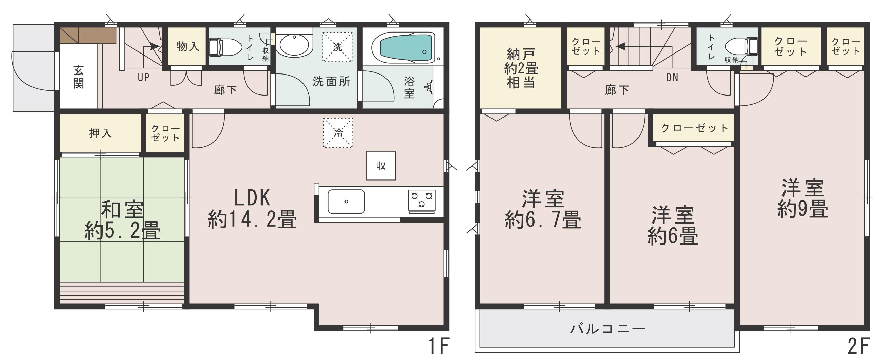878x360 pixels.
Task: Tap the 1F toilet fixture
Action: (x=225, y=47)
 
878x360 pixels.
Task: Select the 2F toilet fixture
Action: (x=742, y=46)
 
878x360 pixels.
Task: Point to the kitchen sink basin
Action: (x=346, y=202)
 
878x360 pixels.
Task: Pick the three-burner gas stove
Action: (x=422, y=200)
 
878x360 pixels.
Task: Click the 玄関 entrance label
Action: (x=78, y=77)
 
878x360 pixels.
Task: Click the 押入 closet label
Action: (x=101, y=133)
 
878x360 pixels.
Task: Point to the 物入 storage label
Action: (x=188, y=46)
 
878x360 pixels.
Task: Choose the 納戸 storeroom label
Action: (x=521, y=54)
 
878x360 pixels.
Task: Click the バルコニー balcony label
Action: (x=608, y=329)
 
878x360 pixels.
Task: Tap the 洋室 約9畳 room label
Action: (x=803, y=198)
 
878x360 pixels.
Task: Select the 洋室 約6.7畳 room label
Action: (x=543, y=209)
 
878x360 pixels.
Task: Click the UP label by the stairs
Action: (x=144, y=78)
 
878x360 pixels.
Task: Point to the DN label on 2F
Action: (x=672, y=78)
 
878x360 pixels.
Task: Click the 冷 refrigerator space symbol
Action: (x=338, y=133)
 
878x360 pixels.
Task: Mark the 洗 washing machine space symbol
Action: (x=337, y=47)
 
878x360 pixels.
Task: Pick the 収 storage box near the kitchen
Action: (x=381, y=166)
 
